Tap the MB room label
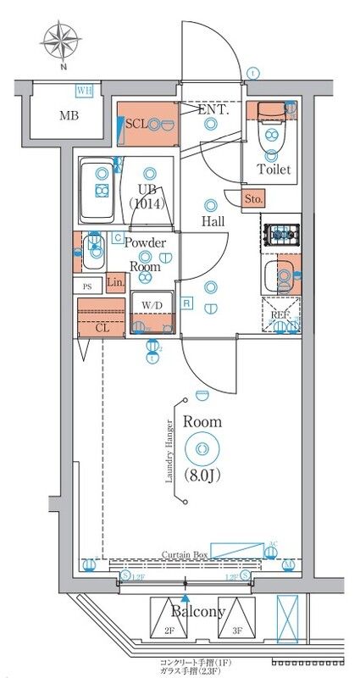pyautogui.click(x=68, y=115)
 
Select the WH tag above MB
pyautogui.click(x=83, y=90)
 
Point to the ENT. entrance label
pyautogui.click(x=213, y=110)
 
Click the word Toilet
pyautogui.click(x=274, y=169)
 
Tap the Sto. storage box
pyautogui.click(x=252, y=199)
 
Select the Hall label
pyautogui.click(x=213, y=222)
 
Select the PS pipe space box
pyautogui.click(x=87, y=286)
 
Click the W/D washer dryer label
pyautogui.click(x=153, y=306)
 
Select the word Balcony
pyautogui.click(x=198, y=612)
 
